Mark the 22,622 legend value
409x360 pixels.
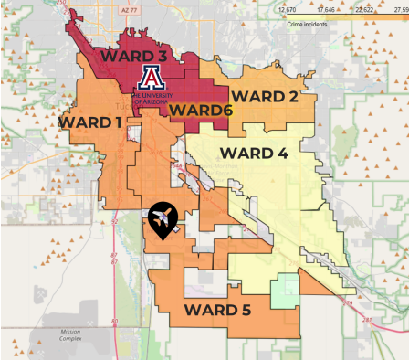[x=363, y=9]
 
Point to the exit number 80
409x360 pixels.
[x=114, y=321]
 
